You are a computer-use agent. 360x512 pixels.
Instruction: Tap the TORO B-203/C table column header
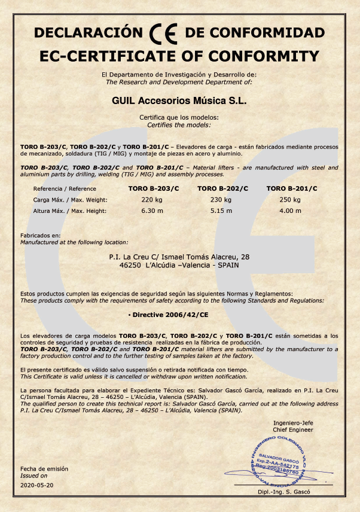tap(154, 188)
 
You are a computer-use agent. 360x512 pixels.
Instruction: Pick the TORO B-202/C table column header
tap(222, 188)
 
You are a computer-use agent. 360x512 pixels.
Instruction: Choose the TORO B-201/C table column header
tap(292, 188)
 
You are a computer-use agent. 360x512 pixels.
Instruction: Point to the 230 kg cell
tap(222, 199)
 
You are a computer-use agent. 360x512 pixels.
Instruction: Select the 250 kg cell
tap(290, 199)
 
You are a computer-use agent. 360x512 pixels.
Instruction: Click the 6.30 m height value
tap(152, 211)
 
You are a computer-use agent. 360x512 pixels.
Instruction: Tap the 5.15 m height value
tap(222, 211)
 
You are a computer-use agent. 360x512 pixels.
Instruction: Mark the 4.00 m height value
tap(290, 211)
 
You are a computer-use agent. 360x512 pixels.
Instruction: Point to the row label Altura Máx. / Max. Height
tap(70, 211)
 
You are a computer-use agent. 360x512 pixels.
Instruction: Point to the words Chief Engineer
tap(293, 429)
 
